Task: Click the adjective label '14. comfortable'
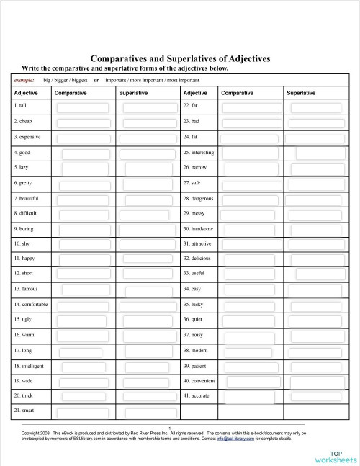click(30, 305)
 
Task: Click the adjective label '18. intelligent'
click(29, 366)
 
